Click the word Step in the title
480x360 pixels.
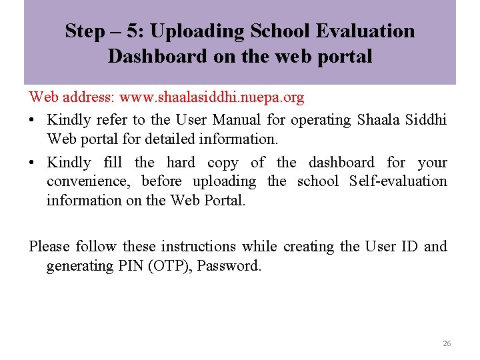click(x=85, y=31)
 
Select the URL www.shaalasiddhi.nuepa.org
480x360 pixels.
click(x=211, y=97)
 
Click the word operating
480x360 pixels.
click(x=319, y=120)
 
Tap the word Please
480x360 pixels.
click(x=49, y=247)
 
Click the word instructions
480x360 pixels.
click(x=199, y=247)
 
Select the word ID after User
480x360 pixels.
click(x=409, y=247)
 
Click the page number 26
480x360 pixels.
click(x=447, y=343)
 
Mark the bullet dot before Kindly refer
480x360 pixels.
click(x=33, y=121)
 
